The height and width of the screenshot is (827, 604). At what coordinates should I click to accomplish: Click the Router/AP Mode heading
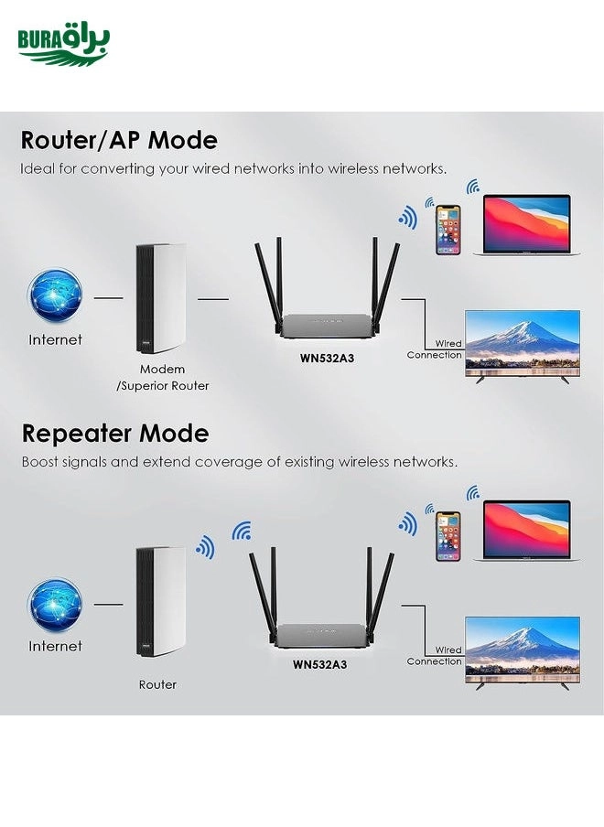119,141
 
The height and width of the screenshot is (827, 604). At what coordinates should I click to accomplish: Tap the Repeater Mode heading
115,434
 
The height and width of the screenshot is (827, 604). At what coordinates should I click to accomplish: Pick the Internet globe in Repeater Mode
55,605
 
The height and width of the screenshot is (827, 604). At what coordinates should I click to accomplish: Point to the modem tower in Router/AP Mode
160,298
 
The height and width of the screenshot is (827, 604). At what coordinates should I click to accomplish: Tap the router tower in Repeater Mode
160,602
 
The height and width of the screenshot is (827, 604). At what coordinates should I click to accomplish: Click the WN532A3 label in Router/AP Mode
327,359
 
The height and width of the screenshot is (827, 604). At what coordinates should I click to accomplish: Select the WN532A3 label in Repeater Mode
319,665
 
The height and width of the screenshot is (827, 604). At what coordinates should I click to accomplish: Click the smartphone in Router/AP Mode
448,229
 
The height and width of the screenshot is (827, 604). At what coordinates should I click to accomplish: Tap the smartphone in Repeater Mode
448,535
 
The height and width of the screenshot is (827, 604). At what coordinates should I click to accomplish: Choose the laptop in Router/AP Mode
526,225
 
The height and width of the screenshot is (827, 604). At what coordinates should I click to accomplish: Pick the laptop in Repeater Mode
526,531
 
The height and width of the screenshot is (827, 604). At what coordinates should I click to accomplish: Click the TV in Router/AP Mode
523,346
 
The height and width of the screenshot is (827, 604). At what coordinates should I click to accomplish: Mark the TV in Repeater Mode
523,651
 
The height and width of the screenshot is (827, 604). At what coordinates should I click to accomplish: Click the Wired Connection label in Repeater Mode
435,656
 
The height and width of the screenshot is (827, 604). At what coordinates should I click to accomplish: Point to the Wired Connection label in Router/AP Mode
435,349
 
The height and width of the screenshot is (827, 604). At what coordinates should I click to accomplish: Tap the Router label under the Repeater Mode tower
157,684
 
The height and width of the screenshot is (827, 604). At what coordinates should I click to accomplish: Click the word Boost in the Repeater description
40,462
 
